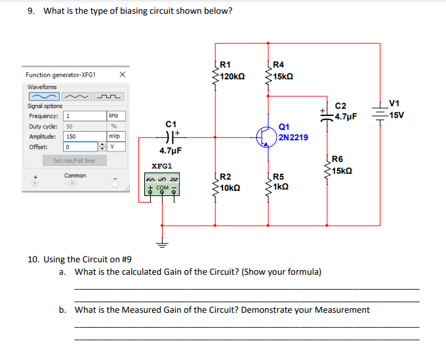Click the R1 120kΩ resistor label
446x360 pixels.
click(x=232, y=71)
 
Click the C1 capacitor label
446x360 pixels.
click(x=171, y=123)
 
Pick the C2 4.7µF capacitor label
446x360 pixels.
click(x=345, y=111)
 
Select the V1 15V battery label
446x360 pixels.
click(x=396, y=110)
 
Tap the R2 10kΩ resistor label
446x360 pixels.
click(x=231, y=182)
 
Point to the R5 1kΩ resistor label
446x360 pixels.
click(x=283, y=182)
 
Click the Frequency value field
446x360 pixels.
click(x=85, y=116)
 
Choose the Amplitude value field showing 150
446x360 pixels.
click(x=85, y=136)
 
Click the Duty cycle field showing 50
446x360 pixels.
click(x=85, y=126)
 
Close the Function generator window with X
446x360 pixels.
click(x=122, y=75)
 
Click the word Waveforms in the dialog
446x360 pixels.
click(x=42, y=87)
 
